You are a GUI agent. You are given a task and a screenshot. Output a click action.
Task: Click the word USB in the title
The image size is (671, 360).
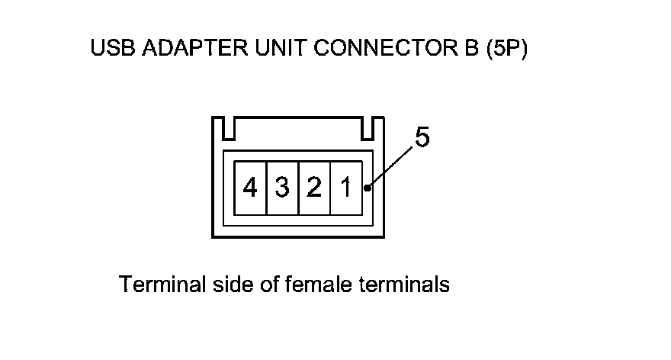coord(108,50)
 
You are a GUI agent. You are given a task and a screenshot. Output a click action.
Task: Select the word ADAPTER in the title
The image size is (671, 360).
coord(178,50)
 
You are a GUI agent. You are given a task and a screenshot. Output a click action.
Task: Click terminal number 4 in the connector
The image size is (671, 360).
coord(250,188)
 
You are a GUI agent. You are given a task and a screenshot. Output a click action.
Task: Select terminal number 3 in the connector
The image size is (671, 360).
coord(282,188)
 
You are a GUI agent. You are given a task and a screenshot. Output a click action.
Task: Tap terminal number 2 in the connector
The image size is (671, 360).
coord(313,188)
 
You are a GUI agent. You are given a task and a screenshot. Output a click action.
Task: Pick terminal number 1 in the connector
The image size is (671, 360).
coord(345,188)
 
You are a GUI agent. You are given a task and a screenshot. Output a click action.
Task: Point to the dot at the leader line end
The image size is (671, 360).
coord(368,188)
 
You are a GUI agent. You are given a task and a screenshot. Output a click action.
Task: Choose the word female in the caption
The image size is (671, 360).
coord(319,285)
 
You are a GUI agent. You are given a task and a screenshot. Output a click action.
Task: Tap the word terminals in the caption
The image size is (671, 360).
coord(403,285)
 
